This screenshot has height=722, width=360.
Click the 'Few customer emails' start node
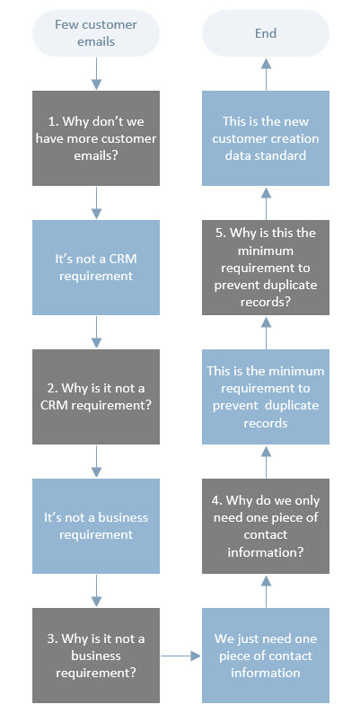point(95,34)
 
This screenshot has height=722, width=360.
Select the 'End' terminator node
point(265,34)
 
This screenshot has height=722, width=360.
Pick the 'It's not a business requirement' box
point(95,525)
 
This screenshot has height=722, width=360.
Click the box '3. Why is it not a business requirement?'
point(95,655)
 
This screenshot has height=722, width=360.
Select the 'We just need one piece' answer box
point(265,655)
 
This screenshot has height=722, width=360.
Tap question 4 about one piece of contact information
point(265,525)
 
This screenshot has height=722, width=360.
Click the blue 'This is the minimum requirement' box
point(265,396)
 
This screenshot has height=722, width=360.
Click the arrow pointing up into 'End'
point(265,75)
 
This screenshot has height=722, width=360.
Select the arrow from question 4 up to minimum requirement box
point(265,461)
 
